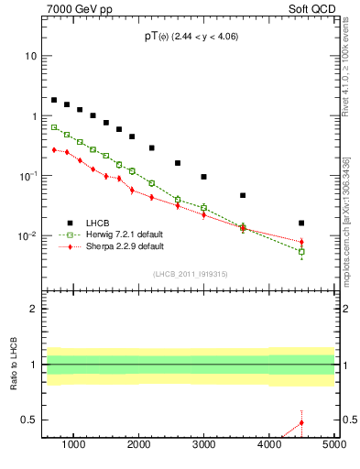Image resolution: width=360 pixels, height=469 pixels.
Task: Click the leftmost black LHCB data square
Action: [54, 100]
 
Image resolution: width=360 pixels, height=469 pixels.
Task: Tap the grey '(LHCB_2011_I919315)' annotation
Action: [190, 274]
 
